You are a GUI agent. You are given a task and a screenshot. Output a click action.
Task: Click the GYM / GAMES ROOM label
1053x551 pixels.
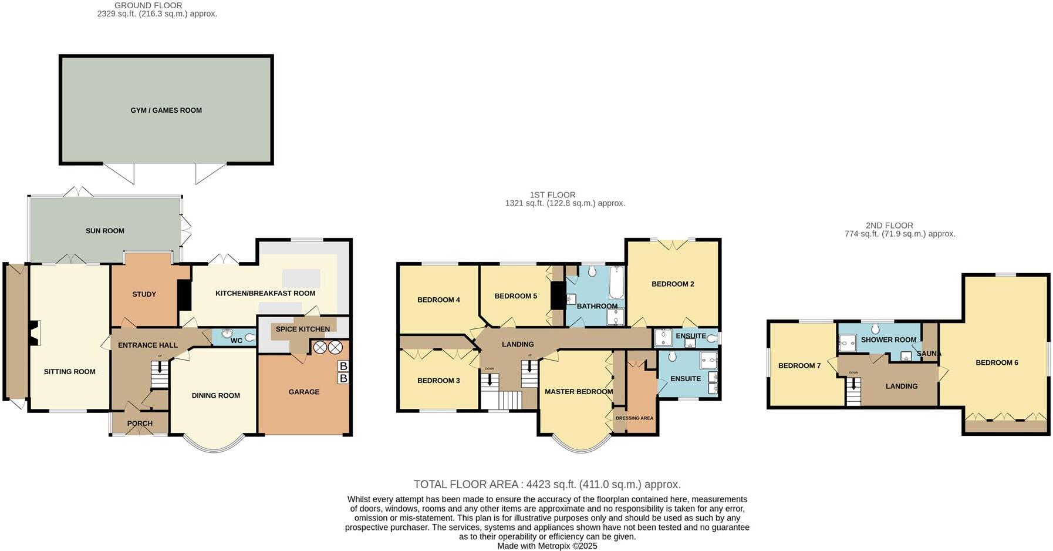tap(166, 110)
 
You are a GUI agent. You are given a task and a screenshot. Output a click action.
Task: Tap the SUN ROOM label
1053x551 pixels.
tap(105, 231)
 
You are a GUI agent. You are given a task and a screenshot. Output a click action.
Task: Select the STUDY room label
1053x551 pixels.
tap(144, 294)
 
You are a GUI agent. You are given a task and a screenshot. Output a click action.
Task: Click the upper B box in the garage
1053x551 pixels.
tap(343, 367)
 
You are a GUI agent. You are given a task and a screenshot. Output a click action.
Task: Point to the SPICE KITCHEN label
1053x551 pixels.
tap(302, 329)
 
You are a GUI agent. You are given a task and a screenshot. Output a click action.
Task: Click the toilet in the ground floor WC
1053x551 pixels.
tap(250, 337)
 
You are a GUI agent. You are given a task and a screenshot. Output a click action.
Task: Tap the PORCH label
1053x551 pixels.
tap(140, 424)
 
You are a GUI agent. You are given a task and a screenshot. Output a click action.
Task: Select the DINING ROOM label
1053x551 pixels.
tap(215, 395)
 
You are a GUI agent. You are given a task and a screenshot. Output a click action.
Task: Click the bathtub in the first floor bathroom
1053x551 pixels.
tap(616, 283)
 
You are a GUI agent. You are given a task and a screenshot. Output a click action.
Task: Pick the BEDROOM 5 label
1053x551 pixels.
tap(515, 296)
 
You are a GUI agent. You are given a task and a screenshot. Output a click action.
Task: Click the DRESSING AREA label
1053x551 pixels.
tap(635, 418)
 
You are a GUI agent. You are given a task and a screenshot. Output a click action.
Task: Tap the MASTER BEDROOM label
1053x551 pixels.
tap(578, 392)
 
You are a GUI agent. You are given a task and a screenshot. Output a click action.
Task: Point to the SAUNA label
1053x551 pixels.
tap(929, 354)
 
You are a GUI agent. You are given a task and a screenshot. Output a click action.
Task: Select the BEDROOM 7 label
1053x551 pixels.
tap(799, 365)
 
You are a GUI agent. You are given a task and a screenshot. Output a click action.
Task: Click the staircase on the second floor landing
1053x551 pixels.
tap(853, 392)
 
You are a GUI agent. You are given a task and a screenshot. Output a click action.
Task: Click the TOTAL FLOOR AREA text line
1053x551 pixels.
tap(547, 485)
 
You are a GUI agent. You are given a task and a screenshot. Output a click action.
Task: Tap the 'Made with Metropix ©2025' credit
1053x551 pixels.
tap(547, 546)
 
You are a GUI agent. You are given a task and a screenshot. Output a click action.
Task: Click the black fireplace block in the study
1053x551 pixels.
tap(184, 295)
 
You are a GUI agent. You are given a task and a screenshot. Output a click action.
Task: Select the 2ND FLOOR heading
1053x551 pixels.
tap(889, 226)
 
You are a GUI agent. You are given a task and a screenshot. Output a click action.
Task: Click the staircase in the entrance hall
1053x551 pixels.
tap(159, 374)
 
